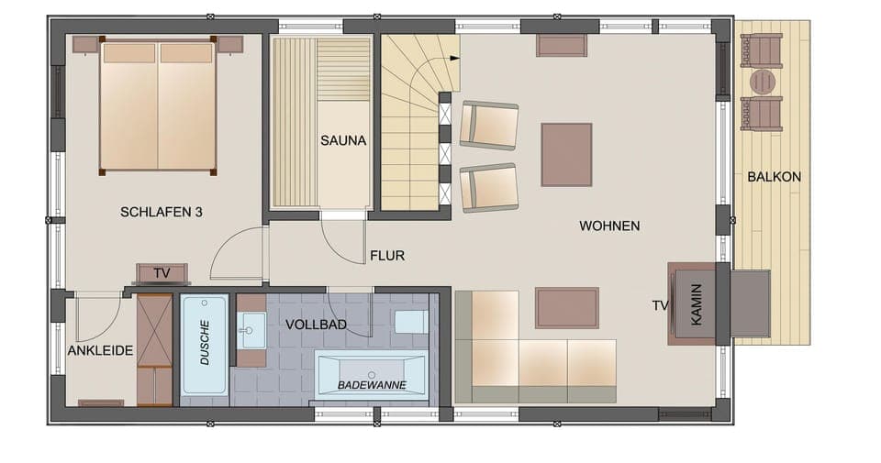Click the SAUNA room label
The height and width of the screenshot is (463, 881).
(343, 141)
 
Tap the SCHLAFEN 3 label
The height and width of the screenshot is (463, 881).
(162, 212)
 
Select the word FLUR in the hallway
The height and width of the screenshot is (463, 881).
(386, 256)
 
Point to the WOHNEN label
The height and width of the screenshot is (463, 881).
(609, 226)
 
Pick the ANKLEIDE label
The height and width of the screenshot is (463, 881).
(101, 350)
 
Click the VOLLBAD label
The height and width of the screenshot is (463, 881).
(315, 325)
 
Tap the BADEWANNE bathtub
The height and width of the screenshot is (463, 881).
(372, 374)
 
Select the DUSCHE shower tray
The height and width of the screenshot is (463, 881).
(205, 345)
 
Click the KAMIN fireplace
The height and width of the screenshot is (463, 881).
(697, 305)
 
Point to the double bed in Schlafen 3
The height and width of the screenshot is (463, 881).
(158, 105)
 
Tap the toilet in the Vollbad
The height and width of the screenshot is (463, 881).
(410, 321)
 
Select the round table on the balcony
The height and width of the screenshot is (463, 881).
(761, 81)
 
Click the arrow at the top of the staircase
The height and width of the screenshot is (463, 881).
(452, 58)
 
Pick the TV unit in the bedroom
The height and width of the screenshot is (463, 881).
(162, 273)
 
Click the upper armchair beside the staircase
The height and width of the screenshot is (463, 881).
(488, 125)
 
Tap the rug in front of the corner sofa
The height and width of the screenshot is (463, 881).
(567, 307)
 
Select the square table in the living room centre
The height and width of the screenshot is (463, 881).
(566, 155)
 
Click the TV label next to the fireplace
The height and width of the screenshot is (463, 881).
(659, 306)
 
